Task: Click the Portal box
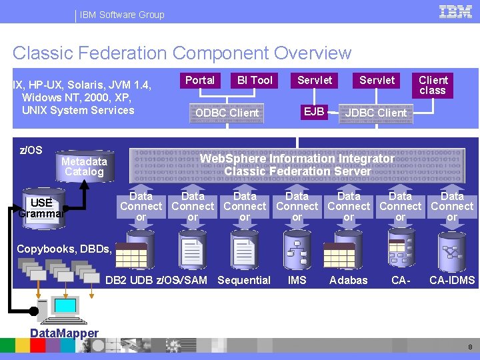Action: [x=200, y=81]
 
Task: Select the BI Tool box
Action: [x=255, y=81]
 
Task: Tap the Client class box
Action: [x=433, y=85]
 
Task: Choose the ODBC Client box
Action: [x=227, y=113]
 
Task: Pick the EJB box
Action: [x=314, y=111]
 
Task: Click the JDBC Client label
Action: [x=375, y=113]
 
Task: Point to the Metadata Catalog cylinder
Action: [x=84, y=167]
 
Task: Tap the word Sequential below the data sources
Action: [x=244, y=281]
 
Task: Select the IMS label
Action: [x=297, y=281]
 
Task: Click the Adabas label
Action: [x=349, y=281]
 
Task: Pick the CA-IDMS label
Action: [x=452, y=281]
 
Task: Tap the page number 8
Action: [x=470, y=347]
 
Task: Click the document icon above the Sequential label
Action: [x=244, y=249]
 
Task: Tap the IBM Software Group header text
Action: [x=122, y=15]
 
